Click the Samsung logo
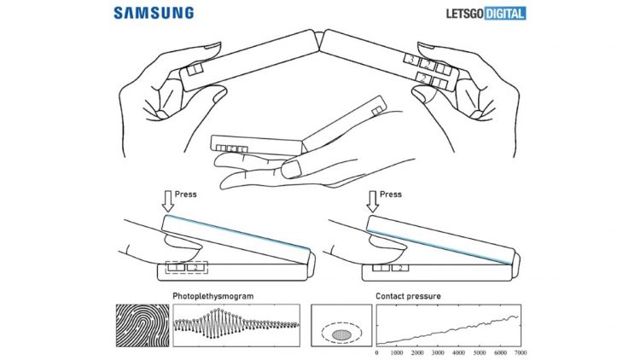coord(154,13)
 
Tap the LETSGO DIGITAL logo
coord(485,13)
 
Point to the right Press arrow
coord(371,200)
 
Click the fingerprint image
coord(141,325)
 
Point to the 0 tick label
coord(377,351)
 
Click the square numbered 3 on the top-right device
coord(411,61)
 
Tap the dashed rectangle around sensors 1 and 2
coord(187,268)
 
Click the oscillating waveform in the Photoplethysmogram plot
coord(235,325)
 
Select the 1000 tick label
coord(397,351)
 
